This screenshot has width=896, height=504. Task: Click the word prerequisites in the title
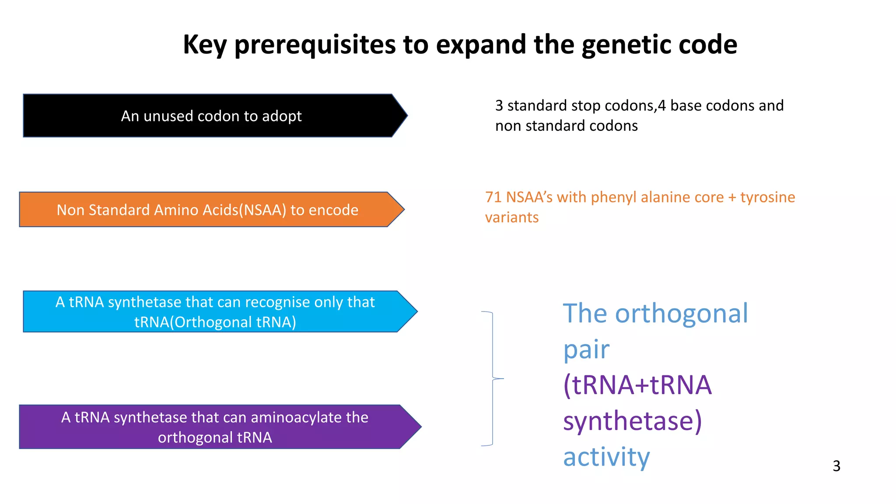(315, 45)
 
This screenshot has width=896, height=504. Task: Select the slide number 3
(836, 466)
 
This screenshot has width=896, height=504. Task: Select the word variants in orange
(511, 217)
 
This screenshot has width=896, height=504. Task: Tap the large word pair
(586, 350)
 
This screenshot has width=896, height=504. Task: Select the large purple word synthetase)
(632, 421)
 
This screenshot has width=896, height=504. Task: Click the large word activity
(606, 457)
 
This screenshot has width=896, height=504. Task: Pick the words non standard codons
(566, 126)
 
